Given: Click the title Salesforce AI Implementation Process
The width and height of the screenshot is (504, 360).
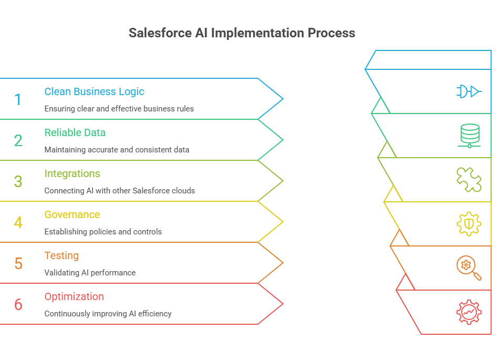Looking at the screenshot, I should (242, 33).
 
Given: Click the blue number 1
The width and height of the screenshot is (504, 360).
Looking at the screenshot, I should (18, 99).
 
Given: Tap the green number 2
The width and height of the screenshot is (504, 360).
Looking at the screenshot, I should (18, 140).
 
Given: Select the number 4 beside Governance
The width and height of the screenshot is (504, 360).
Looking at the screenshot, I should (18, 222).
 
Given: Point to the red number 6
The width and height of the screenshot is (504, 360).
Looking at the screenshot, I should (18, 304).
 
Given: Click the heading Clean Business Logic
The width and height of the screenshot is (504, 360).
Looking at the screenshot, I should (94, 91).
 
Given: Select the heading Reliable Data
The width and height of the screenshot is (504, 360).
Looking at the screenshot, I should (75, 132).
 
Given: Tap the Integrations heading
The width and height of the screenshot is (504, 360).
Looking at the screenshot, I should (72, 173).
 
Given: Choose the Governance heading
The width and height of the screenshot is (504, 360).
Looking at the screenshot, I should (72, 214).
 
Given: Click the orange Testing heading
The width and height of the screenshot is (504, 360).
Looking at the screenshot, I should (61, 255).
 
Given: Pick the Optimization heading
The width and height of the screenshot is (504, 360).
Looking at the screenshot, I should (74, 296).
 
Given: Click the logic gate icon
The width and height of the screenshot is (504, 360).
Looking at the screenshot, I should (468, 91).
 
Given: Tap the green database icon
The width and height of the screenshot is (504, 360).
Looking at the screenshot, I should (468, 135).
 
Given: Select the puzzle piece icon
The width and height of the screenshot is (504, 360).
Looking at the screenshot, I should (468, 180).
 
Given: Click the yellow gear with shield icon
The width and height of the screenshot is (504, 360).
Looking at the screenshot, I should (468, 224).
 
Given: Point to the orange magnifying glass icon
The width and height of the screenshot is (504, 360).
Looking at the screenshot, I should (468, 268).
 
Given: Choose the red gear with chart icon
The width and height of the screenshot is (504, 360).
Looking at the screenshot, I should (468, 312).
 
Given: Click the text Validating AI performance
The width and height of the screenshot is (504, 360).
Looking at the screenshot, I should (90, 273).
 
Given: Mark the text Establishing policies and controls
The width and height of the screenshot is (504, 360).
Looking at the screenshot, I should (103, 232).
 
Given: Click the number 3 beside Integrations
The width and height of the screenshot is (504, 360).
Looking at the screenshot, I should (18, 181).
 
